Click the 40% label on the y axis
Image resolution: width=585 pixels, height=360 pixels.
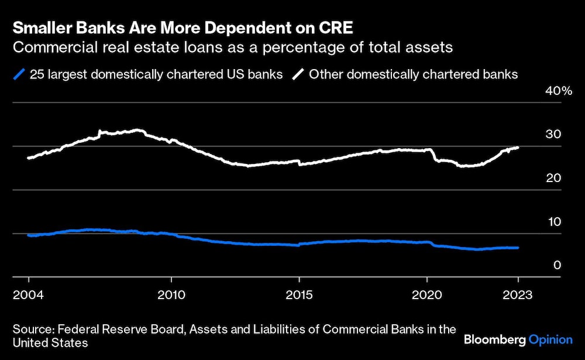[558, 91]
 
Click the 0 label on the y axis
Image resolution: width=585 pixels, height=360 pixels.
[558, 265]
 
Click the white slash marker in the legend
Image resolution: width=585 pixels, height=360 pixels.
[298, 74]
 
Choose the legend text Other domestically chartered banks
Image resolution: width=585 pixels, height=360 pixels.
[413, 74]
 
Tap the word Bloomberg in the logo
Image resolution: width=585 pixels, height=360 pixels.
[495, 340]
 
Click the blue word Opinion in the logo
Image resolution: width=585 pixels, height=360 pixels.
[550, 340]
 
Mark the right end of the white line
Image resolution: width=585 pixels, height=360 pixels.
[518, 148]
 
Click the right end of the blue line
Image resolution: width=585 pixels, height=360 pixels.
[518, 248]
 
